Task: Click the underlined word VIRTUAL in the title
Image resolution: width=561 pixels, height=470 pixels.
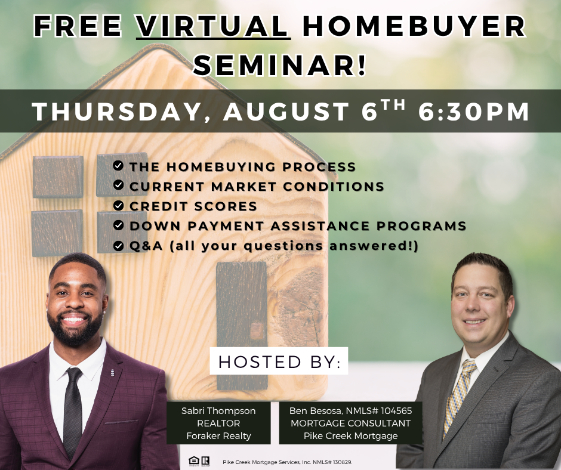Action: click(x=213, y=26)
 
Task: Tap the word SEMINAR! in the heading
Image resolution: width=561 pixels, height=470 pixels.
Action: click(x=280, y=65)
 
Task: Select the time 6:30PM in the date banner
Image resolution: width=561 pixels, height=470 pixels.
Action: click(x=474, y=112)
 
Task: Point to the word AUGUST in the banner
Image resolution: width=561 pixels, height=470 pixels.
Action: click(x=286, y=112)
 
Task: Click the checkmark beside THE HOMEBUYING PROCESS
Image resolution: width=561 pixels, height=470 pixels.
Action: click(x=118, y=166)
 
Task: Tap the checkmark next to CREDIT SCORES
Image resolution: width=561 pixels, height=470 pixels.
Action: click(x=118, y=205)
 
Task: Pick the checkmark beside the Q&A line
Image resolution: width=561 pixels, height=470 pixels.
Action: click(x=118, y=246)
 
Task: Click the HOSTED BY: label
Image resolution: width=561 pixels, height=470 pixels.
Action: click(x=279, y=361)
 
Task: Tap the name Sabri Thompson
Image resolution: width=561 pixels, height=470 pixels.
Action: click(x=218, y=410)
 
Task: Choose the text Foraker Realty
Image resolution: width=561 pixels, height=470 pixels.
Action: click(x=218, y=435)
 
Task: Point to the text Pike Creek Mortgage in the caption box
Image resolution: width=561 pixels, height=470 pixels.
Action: click(x=351, y=435)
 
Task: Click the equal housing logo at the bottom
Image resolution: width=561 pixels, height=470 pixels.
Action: click(x=193, y=461)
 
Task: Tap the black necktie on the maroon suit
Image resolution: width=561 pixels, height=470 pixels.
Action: click(x=73, y=412)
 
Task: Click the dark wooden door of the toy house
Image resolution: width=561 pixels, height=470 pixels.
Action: click(x=242, y=326)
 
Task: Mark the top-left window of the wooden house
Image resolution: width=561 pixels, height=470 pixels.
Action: click(x=58, y=177)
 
